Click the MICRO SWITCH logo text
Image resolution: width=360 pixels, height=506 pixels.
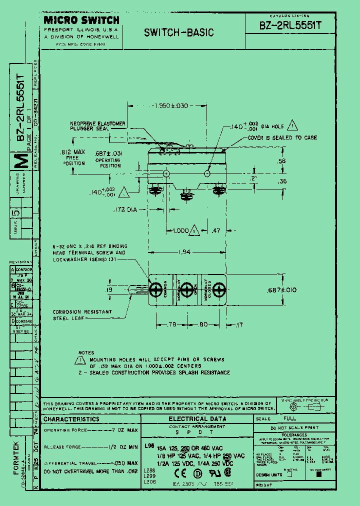tap(81, 20)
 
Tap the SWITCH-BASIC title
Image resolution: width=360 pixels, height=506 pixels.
tap(178, 33)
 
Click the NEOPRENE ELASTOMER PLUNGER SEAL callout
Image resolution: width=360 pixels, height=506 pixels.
tap(97, 126)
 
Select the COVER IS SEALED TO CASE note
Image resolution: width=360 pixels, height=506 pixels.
tap(282, 138)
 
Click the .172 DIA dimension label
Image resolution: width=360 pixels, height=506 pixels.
tap(124, 210)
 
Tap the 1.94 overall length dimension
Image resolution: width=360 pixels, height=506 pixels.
tap(185, 253)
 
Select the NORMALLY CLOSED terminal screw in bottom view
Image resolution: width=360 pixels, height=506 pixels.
tap(218, 290)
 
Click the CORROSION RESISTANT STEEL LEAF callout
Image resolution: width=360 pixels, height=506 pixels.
tap(82, 314)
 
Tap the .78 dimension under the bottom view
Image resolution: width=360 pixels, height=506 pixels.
tap(171, 324)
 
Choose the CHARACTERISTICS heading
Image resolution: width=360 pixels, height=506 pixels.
tap(71, 419)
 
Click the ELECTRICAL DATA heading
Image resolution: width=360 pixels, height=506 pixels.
tap(197, 418)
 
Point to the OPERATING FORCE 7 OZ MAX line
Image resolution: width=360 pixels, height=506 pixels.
tap(90, 430)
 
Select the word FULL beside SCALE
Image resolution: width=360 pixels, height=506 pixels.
tap(289, 418)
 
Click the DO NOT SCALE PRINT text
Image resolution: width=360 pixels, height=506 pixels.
tap(294, 428)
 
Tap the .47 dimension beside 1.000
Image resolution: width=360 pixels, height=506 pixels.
tap(215, 231)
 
